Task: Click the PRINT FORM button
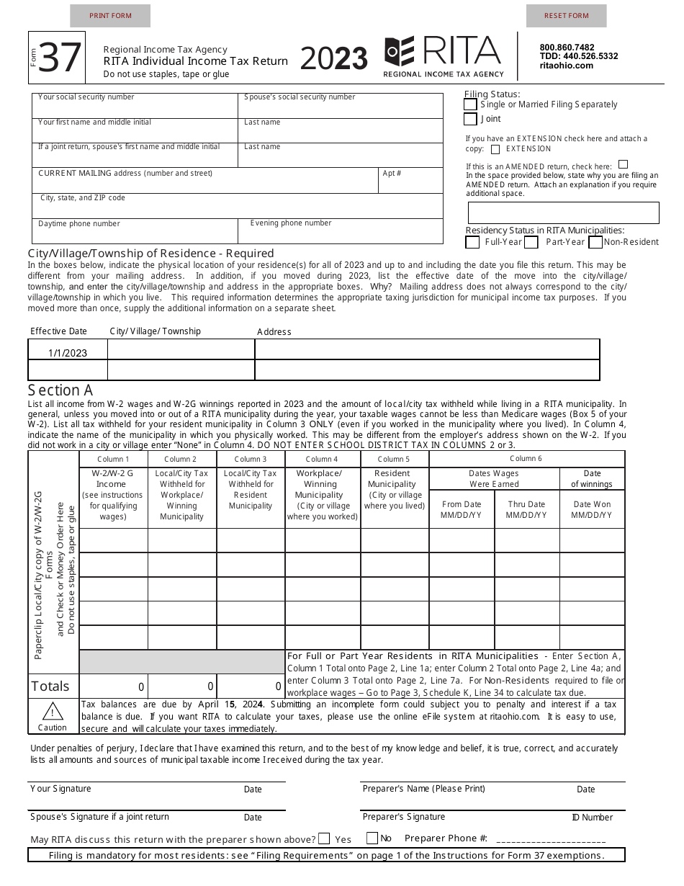pos(110,16)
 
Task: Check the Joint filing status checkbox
pos(470,119)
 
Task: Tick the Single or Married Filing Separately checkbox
pos(470,104)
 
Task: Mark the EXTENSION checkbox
pos(495,150)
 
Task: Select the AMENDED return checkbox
pos(623,164)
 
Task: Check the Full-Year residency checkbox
pos(472,243)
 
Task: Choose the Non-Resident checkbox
pos(595,243)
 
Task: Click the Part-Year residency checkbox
pos(531,243)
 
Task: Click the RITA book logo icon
pos(400,51)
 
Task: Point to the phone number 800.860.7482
pos(567,48)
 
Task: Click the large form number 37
pos(60,58)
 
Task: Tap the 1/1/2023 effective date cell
pos(68,353)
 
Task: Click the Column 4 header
pos(322,459)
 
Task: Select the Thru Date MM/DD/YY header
pos(526,509)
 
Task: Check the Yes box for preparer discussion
pos(324,838)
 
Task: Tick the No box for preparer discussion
pos(372,838)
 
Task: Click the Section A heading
pos(60,390)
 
